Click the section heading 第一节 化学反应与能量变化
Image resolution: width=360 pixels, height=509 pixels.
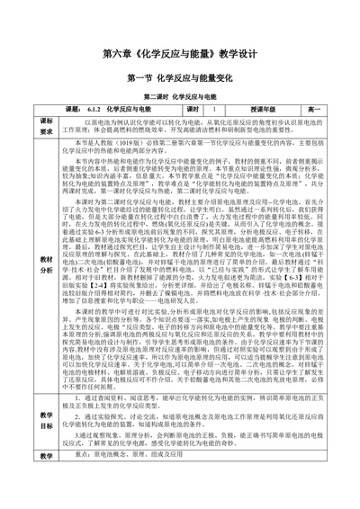tap(180, 79)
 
